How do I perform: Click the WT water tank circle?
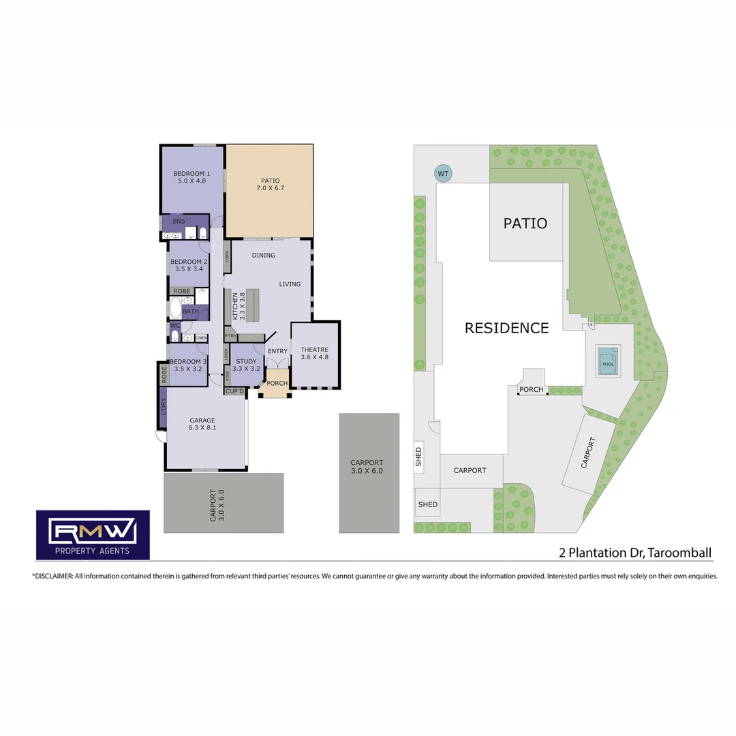tap(443, 174)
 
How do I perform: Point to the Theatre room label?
tap(315, 353)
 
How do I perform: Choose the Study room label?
tap(246, 365)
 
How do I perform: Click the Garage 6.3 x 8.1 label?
tap(202, 424)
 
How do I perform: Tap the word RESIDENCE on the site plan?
tap(506, 328)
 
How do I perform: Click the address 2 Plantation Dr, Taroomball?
tap(635, 553)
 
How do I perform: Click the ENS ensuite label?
tap(179, 221)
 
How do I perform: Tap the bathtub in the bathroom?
tap(175, 309)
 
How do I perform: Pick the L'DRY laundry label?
tap(163, 406)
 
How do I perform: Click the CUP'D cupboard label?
tap(235, 390)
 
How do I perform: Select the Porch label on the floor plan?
tap(277, 383)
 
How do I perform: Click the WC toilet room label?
tap(174, 326)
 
